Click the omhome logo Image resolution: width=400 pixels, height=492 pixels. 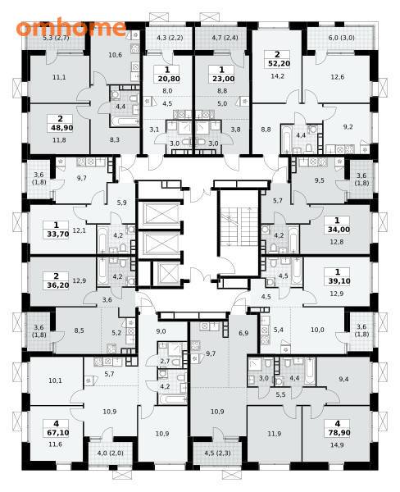(71, 28)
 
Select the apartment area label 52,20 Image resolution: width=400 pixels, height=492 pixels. (279, 64)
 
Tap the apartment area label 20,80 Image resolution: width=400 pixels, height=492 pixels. (169, 79)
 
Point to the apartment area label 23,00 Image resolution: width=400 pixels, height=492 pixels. (224, 79)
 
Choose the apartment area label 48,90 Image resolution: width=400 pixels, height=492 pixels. (61, 128)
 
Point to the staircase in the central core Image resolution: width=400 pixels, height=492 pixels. (239, 226)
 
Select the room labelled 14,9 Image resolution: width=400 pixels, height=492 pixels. (337, 444)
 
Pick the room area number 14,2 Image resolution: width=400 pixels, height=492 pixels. (277, 76)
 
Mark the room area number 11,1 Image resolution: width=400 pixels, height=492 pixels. (59, 77)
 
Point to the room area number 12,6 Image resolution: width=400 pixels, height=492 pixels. (338, 77)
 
